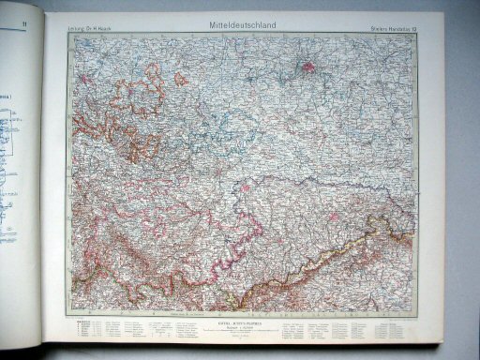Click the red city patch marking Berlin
308,67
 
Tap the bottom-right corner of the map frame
415,315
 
